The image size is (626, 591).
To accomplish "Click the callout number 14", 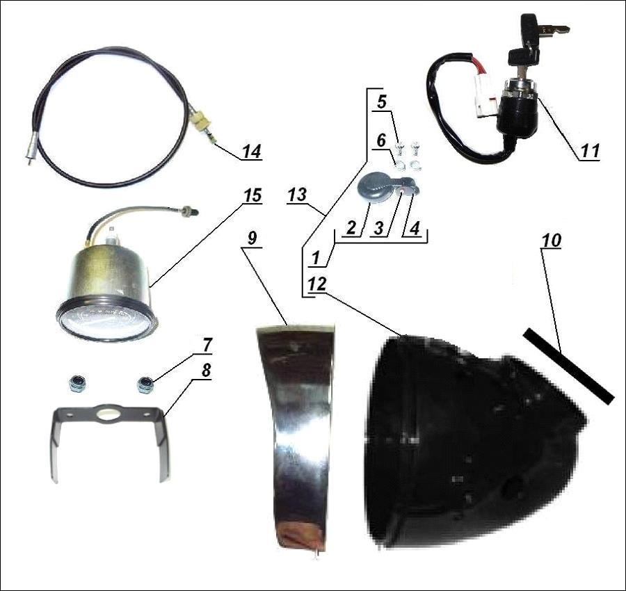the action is point(252,152).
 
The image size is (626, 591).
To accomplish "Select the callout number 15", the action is point(252,195).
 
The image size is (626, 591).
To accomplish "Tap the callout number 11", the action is point(590,152).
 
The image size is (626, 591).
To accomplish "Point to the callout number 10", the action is point(552,241).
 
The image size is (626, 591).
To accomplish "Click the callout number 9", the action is point(252,238).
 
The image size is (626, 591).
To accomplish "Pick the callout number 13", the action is point(298,195).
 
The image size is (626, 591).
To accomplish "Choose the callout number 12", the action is point(317,284).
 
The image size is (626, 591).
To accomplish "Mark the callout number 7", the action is point(207,346).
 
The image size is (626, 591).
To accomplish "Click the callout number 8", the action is point(206,371).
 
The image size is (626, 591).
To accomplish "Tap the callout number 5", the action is point(382,102).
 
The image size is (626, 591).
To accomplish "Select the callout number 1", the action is point(316,259).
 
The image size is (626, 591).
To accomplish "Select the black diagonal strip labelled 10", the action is point(568,366).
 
